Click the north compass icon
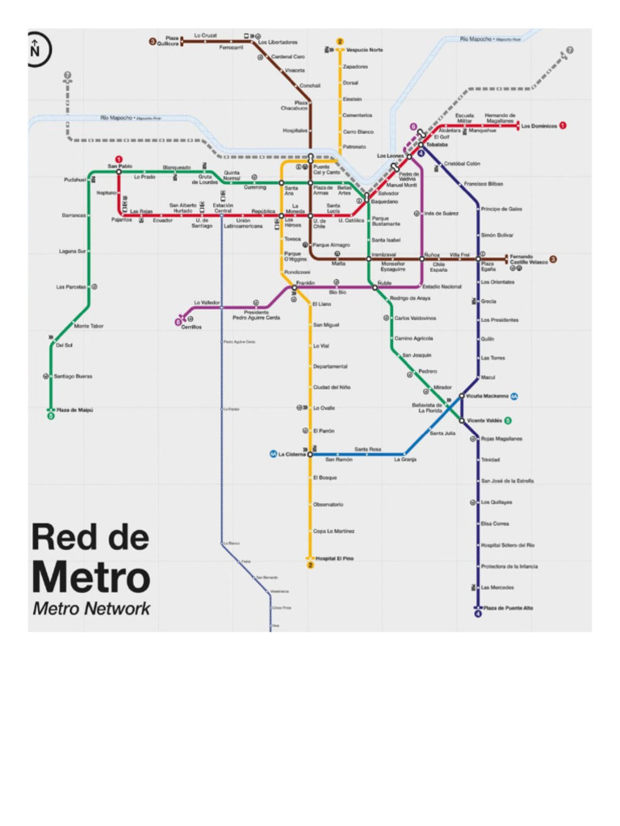click(x=36, y=48)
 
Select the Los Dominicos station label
click(x=538, y=126)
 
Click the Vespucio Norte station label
click(x=365, y=50)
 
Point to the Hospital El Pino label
click(x=334, y=558)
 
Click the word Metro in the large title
click(x=90, y=578)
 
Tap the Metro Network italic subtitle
click(x=90, y=608)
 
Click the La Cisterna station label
click(x=292, y=454)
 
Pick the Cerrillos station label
click(x=191, y=327)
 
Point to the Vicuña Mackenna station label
click(x=488, y=396)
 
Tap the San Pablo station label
click(x=119, y=166)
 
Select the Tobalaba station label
click(x=437, y=145)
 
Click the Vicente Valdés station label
click(x=484, y=420)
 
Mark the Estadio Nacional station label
click(x=442, y=286)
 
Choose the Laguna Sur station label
click(x=72, y=251)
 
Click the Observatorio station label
click(x=328, y=504)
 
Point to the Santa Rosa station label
click(x=367, y=449)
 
